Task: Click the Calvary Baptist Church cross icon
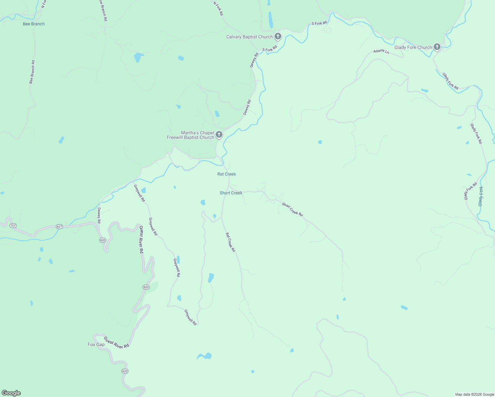tap(278, 37)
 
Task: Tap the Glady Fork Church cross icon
tap(437, 47)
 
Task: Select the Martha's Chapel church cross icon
tap(219, 135)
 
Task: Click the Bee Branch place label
tap(34, 24)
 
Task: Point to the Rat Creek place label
tap(227, 174)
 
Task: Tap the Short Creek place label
tap(231, 193)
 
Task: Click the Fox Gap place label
tap(96, 344)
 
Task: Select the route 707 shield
tap(13, 226)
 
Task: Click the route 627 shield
tap(59, 227)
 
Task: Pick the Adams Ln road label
tap(381, 51)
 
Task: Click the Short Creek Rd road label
tap(292, 209)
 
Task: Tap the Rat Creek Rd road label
tap(230, 242)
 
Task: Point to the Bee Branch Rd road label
tap(32, 72)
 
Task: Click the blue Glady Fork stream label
tap(481, 197)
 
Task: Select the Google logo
tap(11, 393)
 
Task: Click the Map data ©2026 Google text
tap(474, 394)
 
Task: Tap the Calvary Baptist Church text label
tap(249, 37)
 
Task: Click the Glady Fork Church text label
tap(413, 47)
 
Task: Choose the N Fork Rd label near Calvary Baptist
tap(218, 9)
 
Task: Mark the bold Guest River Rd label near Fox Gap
tap(116, 342)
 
